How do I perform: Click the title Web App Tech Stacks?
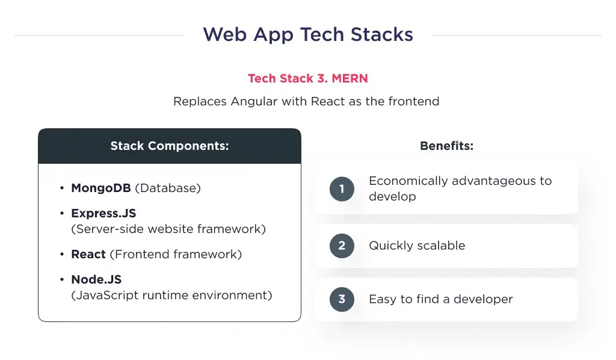[308, 34]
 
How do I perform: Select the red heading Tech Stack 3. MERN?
[308, 78]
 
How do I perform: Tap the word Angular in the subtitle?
[254, 101]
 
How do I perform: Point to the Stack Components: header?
[170, 146]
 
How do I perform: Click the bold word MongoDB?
[101, 188]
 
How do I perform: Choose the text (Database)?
[168, 188]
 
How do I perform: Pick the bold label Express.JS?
[103, 213]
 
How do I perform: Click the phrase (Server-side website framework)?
[168, 229]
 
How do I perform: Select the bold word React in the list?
[88, 254]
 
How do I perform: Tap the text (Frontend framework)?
[176, 254]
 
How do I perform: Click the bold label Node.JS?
[96, 279]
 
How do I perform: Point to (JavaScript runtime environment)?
[171, 295]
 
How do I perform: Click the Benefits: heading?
[447, 146]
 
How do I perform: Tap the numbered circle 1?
[342, 189]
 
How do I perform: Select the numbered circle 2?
[342, 246]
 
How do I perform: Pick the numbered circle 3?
[342, 299]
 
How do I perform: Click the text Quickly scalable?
[417, 246]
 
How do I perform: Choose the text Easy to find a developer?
[441, 299]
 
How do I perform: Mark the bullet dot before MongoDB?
[62, 188]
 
